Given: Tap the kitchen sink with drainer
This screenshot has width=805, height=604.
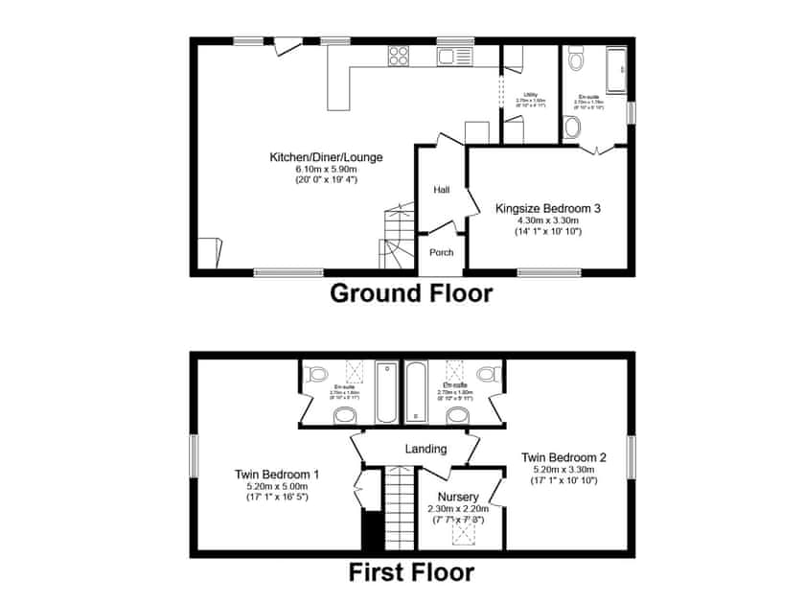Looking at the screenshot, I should coord(450,57).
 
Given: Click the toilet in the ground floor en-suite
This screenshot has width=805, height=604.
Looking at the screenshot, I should coord(576,61).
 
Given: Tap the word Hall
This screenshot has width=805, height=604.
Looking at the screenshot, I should coord(441,191).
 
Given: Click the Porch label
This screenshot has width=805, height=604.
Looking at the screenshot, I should coord(441,253).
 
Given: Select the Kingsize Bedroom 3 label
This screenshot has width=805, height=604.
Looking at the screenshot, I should coord(547,208).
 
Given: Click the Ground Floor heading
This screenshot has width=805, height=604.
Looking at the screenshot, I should coord(411,293).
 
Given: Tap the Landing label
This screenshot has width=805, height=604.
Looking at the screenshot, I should coord(425,449).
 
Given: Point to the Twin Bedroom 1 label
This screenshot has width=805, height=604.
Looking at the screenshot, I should coord(277,474).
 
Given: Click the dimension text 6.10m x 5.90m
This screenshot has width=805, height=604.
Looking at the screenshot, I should coord(326,169).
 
